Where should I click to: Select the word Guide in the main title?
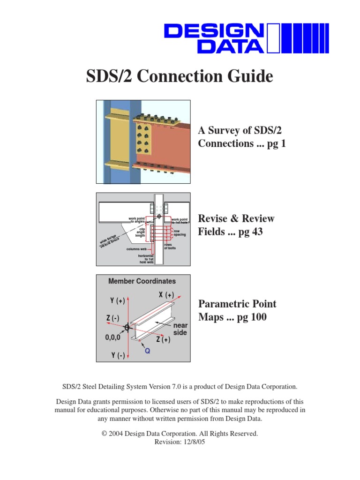249,76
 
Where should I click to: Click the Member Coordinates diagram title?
142,281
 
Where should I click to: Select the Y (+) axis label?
118,301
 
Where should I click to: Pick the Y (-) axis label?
118,356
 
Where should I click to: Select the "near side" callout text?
180,329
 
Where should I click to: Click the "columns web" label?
136,249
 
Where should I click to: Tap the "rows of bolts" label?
170,246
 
